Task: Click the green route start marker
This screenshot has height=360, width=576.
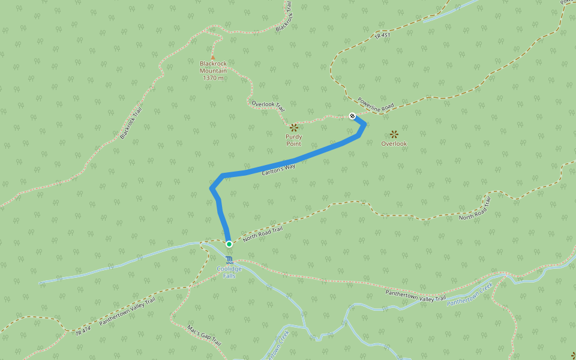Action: coord(229,244)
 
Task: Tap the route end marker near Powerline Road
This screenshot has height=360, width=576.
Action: coord(352,116)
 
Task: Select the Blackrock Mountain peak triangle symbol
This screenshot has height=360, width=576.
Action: coord(212,57)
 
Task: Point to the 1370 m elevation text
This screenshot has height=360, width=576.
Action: coord(213,78)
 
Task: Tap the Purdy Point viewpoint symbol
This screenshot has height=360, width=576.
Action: coord(293,127)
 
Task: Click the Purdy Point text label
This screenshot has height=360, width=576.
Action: coord(293,140)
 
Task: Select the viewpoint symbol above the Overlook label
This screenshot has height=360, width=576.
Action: coord(394,134)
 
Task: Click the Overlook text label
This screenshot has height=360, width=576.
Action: coord(394,144)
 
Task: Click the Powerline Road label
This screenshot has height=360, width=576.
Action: coord(376,104)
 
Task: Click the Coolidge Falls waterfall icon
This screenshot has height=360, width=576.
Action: coord(229,259)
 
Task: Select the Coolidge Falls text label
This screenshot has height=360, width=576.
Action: coord(229,272)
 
